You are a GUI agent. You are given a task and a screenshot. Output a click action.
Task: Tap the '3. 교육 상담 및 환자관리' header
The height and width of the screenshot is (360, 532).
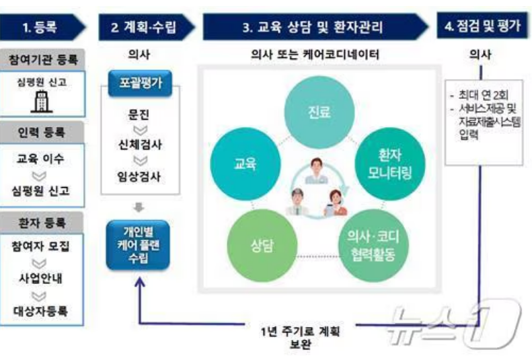[x=313, y=28]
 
